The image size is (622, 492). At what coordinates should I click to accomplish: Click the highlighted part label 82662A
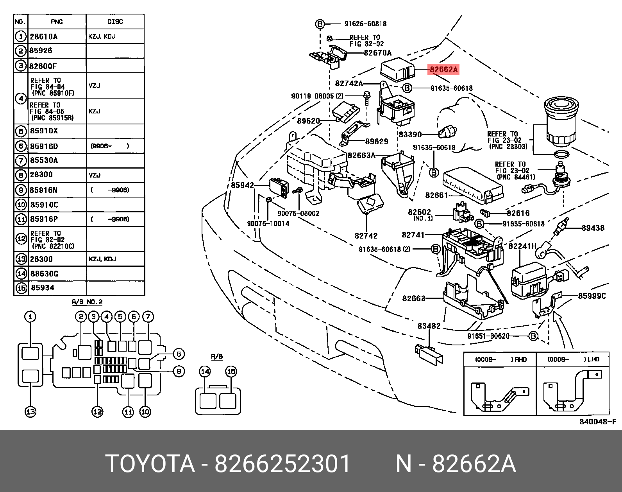(x=443, y=70)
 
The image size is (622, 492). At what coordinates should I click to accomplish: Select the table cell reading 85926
(x=41, y=50)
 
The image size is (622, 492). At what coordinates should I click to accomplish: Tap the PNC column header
(x=57, y=22)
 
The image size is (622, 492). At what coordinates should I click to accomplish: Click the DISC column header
(x=115, y=22)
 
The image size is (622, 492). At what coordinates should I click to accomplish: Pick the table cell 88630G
(x=44, y=273)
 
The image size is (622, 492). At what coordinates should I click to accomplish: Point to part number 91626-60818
(x=365, y=24)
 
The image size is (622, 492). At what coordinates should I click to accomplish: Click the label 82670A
(x=377, y=53)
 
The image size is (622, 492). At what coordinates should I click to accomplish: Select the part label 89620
(x=308, y=121)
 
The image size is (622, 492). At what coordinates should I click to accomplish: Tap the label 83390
(x=410, y=135)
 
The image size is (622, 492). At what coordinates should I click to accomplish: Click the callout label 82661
(x=436, y=195)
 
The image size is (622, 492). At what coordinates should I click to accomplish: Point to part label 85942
(x=242, y=185)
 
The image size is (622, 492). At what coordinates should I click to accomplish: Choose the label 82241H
(x=522, y=246)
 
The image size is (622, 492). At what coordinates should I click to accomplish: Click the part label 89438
(x=593, y=228)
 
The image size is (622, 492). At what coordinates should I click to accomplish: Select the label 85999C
(x=592, y=296)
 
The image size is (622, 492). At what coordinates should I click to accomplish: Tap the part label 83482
(x=429, y=326)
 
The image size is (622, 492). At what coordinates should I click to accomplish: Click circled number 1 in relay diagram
(x=30, y=316)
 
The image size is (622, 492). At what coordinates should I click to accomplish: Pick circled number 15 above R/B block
(x=231, y=371)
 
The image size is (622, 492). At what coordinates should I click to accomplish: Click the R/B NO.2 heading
(x=87, y=302)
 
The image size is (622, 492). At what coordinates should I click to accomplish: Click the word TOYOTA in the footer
(x=150, y=464)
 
